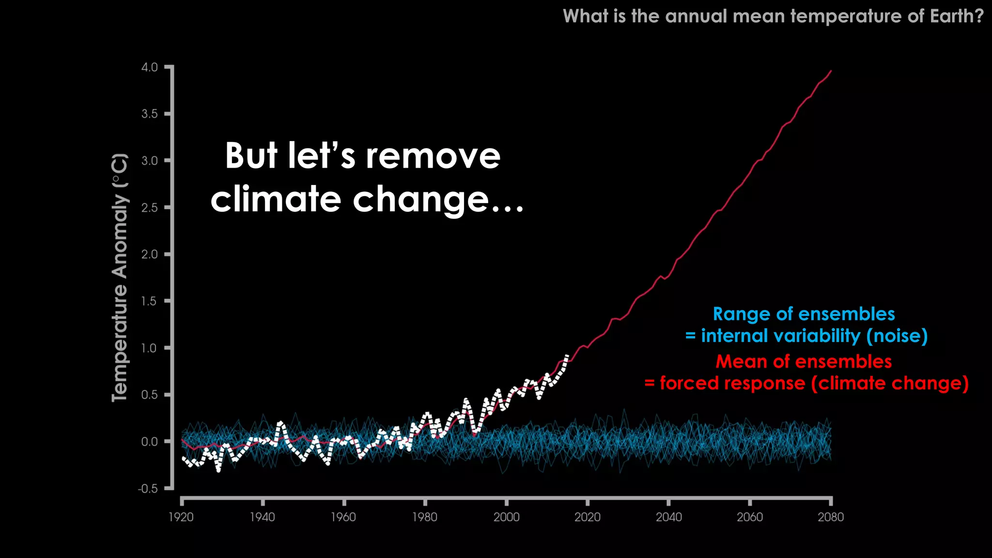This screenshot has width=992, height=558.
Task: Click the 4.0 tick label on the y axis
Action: click(x=149, y=67)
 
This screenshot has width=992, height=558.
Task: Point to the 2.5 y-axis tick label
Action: click(x=149, y=208)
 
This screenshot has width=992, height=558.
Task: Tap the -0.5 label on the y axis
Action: click(x=148, y=488)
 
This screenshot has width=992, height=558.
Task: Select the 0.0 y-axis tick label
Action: click(x=149, y=442)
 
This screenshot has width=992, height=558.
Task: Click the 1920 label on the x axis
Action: click(x=181, y=517)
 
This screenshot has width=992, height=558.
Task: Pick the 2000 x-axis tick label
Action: click(x=506, y=517)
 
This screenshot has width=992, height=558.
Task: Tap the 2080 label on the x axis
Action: click(x=831, y=517)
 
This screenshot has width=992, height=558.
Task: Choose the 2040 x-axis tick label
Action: click(x=668, y=517)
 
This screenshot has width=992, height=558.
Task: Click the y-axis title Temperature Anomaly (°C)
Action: click(x=120, y=278)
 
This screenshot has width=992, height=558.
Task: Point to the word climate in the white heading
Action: click(x=276, y=199)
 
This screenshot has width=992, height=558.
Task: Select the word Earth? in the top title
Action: click(x=957, y=16)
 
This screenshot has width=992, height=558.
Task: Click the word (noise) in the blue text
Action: click(x=897, y=336)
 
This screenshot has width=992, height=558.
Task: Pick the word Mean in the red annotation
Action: click(x=741, y=361)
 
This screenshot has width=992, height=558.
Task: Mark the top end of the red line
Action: click(x=831, y=71)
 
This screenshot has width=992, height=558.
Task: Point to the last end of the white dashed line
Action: click(x=567, y=356)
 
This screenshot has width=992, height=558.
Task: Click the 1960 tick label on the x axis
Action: click(x=343, y=517)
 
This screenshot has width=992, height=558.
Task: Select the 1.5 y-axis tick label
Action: click(x=149, y=301)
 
